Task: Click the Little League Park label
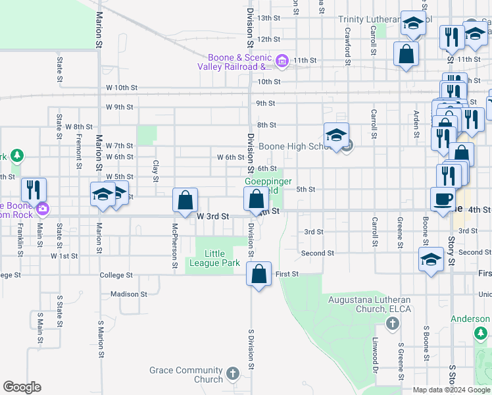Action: (222, 258)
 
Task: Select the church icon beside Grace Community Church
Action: (232, 374)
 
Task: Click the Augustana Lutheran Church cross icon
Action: (392, 323)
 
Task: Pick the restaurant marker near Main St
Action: (33, 190)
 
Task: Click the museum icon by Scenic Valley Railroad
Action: (282, 61)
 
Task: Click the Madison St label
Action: (129, 294)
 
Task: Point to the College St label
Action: (116, 275)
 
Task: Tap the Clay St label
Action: (156, 171)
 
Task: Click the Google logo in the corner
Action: (22, 387)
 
